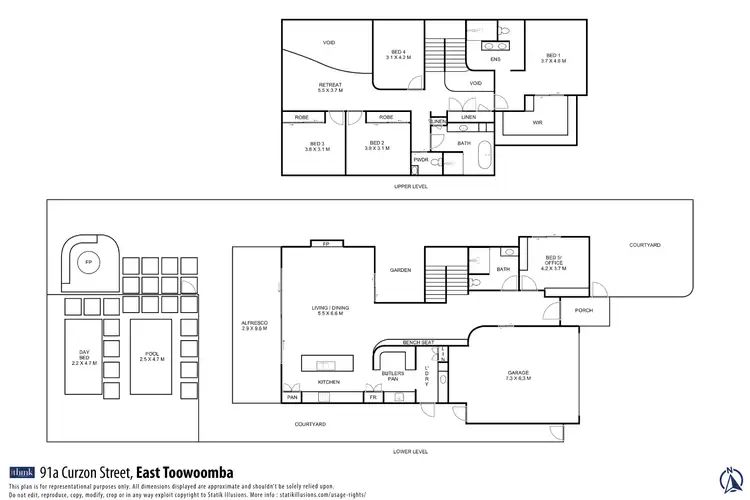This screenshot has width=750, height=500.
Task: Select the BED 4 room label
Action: pos(398,55)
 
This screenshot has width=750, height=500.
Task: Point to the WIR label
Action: pos(537,123)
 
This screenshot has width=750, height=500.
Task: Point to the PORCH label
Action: pos(583,310)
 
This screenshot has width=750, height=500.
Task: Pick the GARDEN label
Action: pos(402,269)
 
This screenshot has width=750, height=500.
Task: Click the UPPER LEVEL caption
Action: pos(411,187)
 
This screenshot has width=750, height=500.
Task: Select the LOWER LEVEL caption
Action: pos(411,451)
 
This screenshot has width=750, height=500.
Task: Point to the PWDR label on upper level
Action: pos(421,158)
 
